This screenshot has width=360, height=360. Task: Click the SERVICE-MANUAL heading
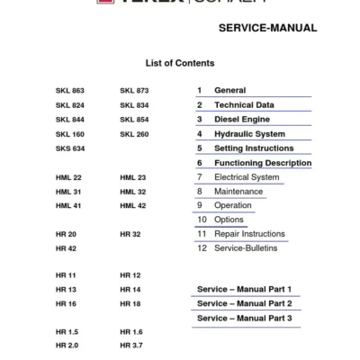267,28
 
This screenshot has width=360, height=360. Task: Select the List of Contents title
180,64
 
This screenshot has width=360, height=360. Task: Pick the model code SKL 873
134,91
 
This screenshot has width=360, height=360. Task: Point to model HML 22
68,177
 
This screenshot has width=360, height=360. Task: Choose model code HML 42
133,206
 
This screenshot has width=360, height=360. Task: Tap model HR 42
66,248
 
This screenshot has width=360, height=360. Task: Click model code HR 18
130,305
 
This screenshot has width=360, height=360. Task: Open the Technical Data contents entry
244,105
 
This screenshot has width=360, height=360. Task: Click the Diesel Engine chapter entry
242,120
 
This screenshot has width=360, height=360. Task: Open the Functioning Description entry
263,163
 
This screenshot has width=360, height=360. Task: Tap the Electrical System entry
247,177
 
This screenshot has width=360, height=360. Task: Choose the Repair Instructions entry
249,234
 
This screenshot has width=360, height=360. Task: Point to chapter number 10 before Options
202,220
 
